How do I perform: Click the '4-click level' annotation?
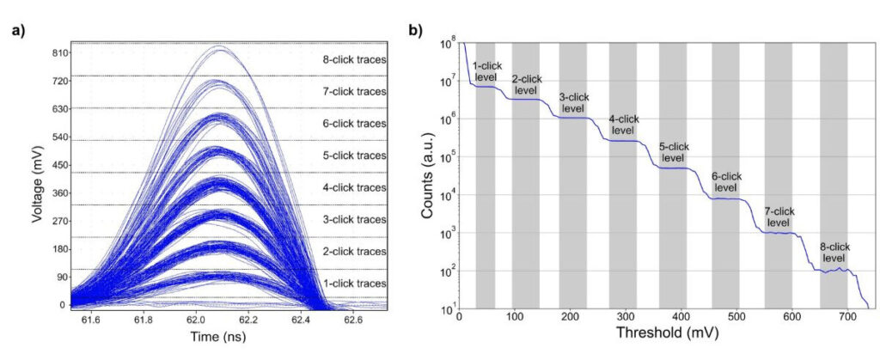coord(624,125)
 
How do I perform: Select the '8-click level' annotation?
coord(833,252)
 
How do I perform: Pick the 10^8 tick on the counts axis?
coord(448,43)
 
